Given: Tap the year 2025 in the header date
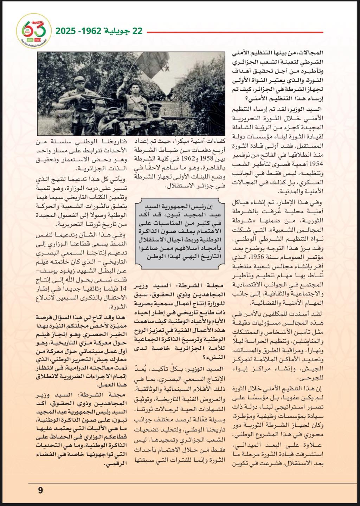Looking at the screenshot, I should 66,31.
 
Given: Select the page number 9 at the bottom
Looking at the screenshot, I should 40,490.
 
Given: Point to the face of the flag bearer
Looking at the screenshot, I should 135,87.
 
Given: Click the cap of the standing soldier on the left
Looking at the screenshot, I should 79,79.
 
